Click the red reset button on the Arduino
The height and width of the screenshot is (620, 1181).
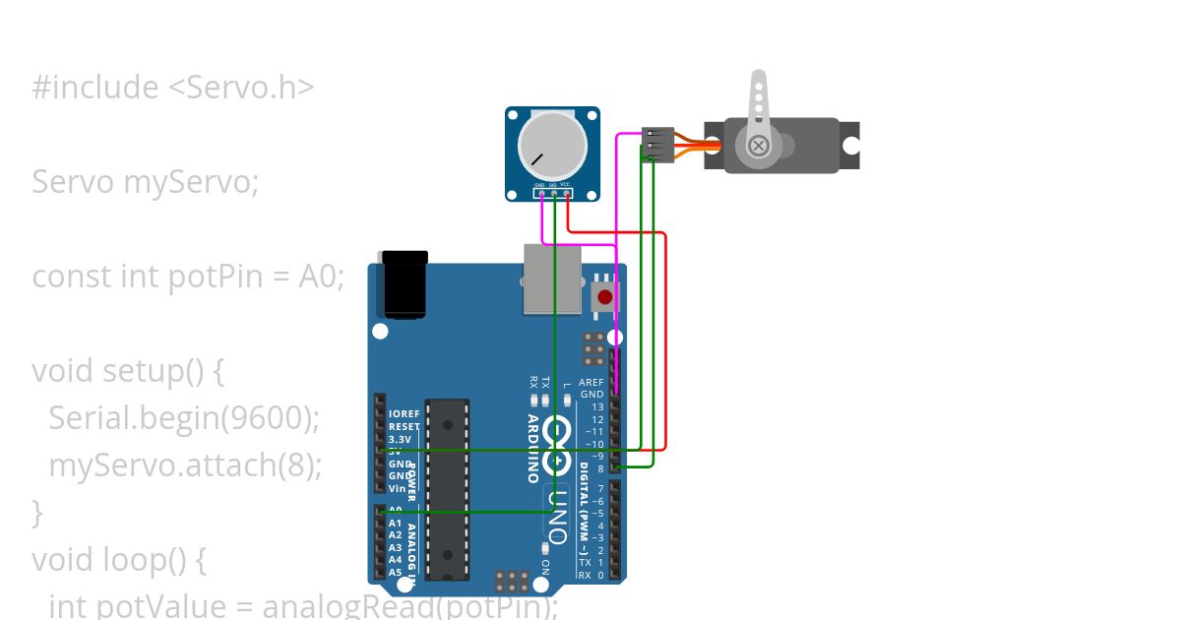[604, 296]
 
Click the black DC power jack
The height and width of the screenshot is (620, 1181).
[404, 286]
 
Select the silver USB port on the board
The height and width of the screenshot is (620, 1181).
[553, 279]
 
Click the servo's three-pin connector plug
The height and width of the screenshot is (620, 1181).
[657, 145]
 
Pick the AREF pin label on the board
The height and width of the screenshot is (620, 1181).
[591, 383]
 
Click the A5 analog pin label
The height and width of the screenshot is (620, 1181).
[395, 572]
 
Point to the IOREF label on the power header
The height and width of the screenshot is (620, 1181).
[404, 414]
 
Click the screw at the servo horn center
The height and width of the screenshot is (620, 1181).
[758, 147]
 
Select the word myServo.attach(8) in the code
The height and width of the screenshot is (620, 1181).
[185, 465]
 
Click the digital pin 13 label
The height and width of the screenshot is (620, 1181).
[597, 407]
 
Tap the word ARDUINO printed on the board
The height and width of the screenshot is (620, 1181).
[532, 448]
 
